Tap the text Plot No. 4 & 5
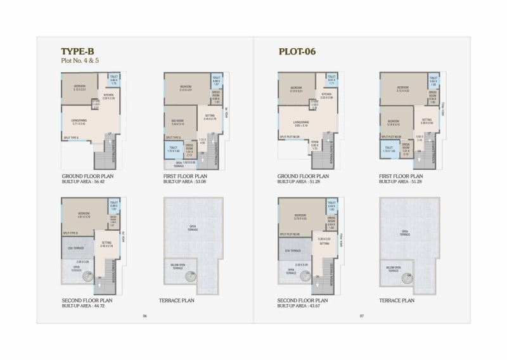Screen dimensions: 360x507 click(x=80, y=61)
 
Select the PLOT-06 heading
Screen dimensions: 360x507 click(x=297, y=51)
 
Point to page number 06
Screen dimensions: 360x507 click(x=145, y=316)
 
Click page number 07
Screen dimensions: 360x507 click(x=362, y=316)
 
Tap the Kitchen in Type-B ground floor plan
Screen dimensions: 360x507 click(x=109, y=97)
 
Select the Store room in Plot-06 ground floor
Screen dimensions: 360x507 click(x=314, y=105)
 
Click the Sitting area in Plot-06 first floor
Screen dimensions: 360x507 click(x=427, y=120)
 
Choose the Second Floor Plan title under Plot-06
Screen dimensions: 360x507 click(x=303, y=300)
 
